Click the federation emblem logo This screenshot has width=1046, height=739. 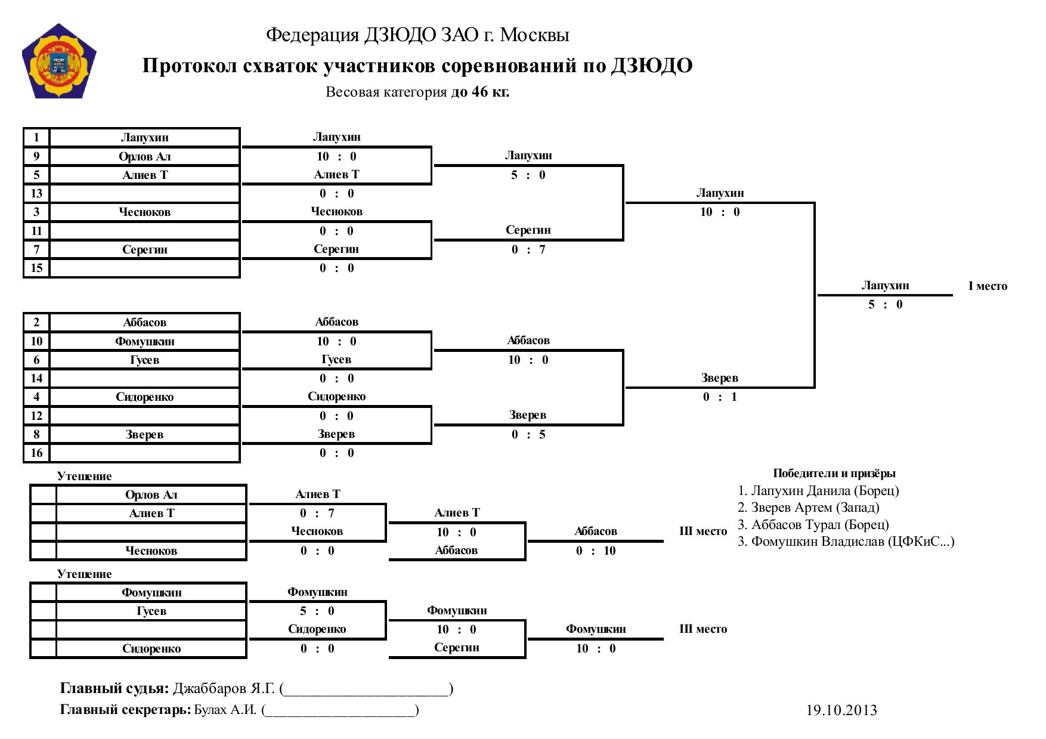tap(59, 61)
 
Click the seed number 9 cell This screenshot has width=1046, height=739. tap(36, 156)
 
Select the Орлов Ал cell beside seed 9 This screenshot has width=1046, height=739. tap(145, 156)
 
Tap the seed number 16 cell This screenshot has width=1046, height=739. tap(36, 453)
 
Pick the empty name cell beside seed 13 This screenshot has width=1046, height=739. tap(145, 193)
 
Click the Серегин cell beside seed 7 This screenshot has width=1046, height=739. tap(145, 249)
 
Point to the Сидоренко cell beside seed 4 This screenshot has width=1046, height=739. tap(145, 397)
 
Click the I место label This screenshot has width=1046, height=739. tap(988, 286)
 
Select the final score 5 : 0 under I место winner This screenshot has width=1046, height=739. tap(885, 305)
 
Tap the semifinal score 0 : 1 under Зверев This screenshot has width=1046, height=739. tap(720, 397)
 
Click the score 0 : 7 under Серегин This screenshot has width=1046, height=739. tap(528, 250)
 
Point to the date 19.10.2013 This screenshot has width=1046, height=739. tap(841, 710)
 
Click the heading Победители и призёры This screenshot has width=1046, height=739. tap(834, 474)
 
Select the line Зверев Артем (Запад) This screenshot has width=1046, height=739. tap(808, 508)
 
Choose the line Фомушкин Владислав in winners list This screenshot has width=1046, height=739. tap(846, 542)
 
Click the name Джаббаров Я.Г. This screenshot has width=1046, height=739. tap(224, 688)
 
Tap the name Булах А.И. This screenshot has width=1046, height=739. tap(225, 710)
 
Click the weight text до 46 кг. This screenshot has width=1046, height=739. tap(480, 92)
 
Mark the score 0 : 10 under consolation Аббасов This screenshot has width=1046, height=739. tap(596, 551)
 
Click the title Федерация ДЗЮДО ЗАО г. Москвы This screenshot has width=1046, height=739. tap(417, 35)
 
